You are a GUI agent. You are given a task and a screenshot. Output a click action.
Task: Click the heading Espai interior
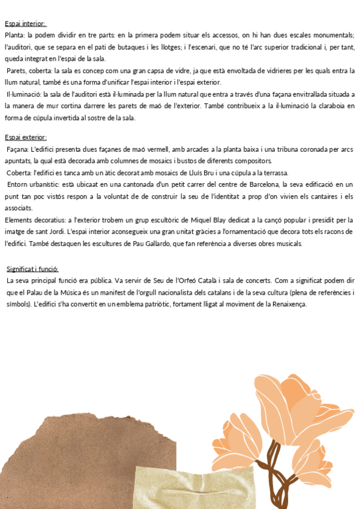pyautogui.click(x=25, y=24)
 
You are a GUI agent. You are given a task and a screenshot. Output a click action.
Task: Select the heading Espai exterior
pyautogui.click(x=26, y=137)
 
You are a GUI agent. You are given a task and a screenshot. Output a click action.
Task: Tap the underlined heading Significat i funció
pyautogui.click(x=32, y=269)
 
